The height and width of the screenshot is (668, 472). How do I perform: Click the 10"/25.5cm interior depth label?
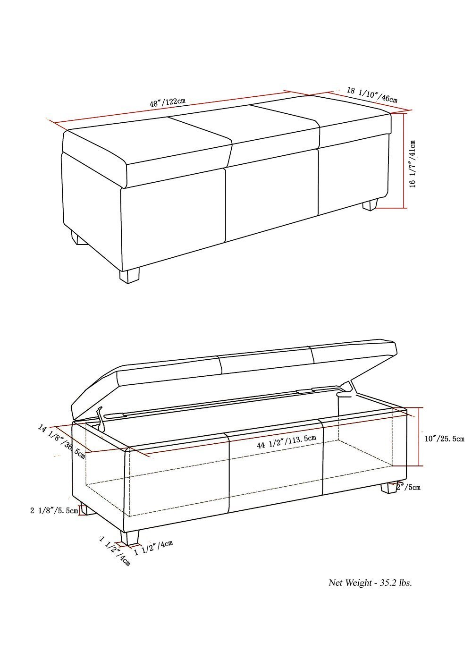coord(444,439)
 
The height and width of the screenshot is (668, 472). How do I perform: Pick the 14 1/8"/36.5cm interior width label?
coord(62,442)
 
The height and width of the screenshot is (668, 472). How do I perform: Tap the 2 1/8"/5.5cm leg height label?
coord(54,511)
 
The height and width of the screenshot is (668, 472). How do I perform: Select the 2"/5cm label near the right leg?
coord(408,487)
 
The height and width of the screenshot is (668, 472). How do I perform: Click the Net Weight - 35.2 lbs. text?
coord(370,583)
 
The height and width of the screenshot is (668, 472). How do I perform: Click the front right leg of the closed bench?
coord(130,276)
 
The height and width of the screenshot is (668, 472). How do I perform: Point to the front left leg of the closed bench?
coord(79,238)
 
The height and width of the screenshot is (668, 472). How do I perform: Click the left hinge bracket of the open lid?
coord(101,418)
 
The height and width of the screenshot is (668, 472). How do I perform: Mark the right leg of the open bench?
coord(388,488)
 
